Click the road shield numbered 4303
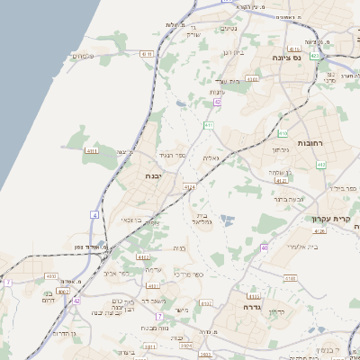[x=253, y=79]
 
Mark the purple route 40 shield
[x=264, y=247]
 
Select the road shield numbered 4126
[x=319, y=231]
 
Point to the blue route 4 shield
[x=94, y=215]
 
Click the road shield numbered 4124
[x=189, y=187]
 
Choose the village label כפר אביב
[x=117, y=273]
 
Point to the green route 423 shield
[x=314, y=56]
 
